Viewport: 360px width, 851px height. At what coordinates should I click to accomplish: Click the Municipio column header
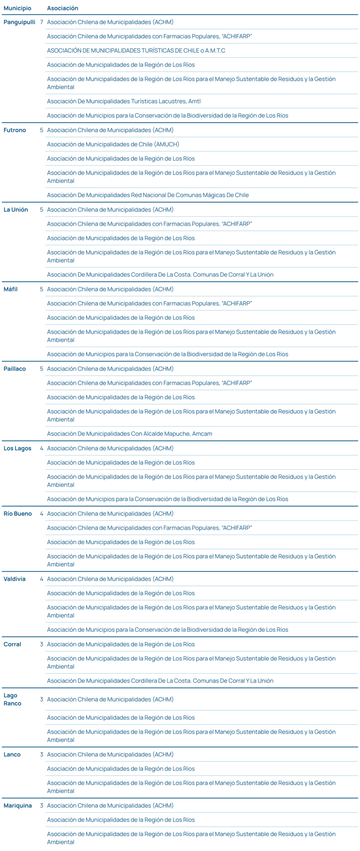tap(17, 8)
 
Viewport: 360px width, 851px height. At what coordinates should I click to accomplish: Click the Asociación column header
tap(62, 8)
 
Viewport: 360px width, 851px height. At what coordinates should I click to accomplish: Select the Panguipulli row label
tap(19, 22)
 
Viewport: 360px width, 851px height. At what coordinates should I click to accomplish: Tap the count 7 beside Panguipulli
tap(42, 22)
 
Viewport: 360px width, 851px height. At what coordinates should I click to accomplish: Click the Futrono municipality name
tap(15, 130)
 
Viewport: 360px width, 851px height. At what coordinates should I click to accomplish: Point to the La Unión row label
tap(16, 209)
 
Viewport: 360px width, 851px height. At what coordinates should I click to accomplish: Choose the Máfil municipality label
tap(10, 289)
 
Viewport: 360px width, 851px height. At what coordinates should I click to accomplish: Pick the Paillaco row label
tap(15, 369)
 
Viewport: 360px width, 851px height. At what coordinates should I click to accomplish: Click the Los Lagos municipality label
tap(17, 448)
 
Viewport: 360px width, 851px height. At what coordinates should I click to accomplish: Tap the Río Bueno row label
tap(17, 514)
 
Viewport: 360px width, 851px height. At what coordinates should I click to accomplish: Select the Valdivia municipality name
tap(15, 579)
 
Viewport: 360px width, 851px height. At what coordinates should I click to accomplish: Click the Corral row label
tap(12, 644)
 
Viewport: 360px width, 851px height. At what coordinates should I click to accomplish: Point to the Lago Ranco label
tap(12, 699)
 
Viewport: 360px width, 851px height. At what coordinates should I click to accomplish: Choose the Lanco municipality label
tap(12, 754)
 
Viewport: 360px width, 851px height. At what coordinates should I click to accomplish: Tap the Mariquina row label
tap(17, 805)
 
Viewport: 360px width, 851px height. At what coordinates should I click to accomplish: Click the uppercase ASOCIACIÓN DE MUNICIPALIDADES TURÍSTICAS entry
tap(136, 51)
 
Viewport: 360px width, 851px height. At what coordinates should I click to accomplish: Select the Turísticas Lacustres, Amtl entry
tap(123, 101)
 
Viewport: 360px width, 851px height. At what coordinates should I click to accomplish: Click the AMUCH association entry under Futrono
tap(113, 144)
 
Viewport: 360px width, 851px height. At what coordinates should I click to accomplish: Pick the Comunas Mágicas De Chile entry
tap(148, 195)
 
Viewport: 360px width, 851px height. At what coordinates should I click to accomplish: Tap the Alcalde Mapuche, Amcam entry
tap(129, 434)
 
